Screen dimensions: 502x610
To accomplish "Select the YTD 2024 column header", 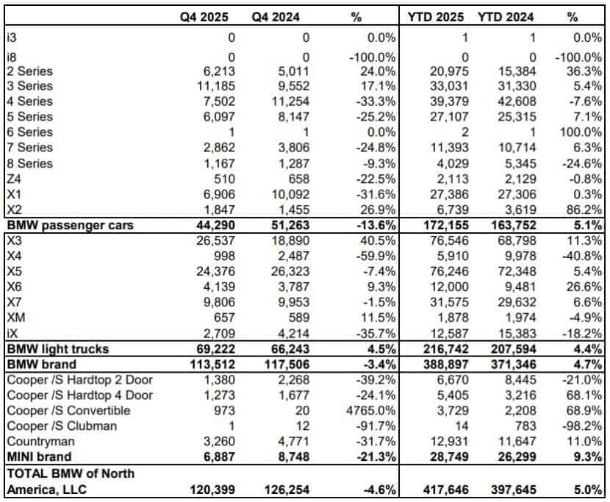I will click(505, 16).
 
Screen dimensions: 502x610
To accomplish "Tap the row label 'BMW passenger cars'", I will click(70, 225).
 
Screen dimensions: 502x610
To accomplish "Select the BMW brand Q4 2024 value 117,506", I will click(284, 364).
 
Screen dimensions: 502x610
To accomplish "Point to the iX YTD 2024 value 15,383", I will click(512, 333).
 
